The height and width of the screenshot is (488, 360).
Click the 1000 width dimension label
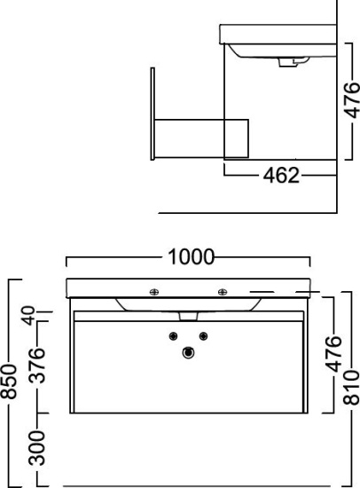[x=191, y=257]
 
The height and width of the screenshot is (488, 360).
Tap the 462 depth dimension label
[x=281, y=175]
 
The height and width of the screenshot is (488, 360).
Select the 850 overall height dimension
[x=8, y=382]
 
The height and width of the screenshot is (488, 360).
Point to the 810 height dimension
[x=351, y=387]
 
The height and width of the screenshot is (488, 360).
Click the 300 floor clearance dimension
[x=36, y=448]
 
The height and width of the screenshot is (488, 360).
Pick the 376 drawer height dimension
[x=36, y=366]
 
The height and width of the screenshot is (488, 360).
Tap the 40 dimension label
[x=29, y=315]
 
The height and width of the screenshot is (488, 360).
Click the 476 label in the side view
[x=352, y=100]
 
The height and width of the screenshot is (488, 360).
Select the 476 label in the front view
[x=333, y=354]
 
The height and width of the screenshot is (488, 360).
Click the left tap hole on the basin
[x=154, y=292]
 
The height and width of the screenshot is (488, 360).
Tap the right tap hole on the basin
[x=223, y=292]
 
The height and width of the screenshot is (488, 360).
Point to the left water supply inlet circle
[x=173, y=336]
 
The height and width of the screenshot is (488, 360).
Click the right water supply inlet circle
[x=203, y=336]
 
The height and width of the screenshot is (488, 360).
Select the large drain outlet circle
[x=188, y=353]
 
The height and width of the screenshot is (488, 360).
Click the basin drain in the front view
[x=189, y=316]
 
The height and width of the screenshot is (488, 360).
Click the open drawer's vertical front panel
[x=153, y=114]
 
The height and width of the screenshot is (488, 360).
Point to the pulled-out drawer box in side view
[x=201, y=138]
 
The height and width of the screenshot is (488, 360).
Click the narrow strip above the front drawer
[x=189, y=316]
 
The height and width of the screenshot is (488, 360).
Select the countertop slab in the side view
[x=278, y=35]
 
